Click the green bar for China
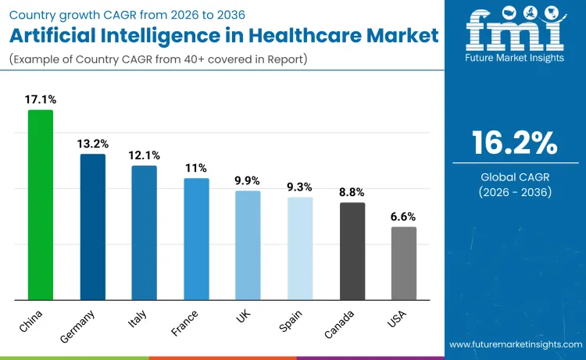coord(41,205)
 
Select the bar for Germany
coord(93,226)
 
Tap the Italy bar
coord(144,233)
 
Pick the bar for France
coord(196,239)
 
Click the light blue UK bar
coord(248,245)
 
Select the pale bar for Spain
coord(300,248)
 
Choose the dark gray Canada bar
coord(352,251)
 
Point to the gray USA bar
coord(404,263)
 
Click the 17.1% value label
coord(41,100)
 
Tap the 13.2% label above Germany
coord(93,144)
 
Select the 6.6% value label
coord(404,217)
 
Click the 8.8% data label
coord(352,192)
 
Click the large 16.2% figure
coord(514,143)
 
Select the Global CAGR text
coord(514,177)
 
